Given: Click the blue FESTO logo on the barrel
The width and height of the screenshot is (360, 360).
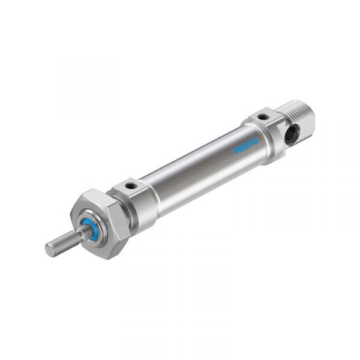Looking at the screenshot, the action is pos(246,146).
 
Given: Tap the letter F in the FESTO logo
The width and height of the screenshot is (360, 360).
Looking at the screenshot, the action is pos(236,151).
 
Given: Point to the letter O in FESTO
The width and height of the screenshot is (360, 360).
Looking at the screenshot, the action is pos(256,141).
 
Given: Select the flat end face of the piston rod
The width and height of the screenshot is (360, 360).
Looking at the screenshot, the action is pos(50,250).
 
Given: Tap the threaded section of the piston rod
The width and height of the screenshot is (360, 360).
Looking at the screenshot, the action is pos(65,242).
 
